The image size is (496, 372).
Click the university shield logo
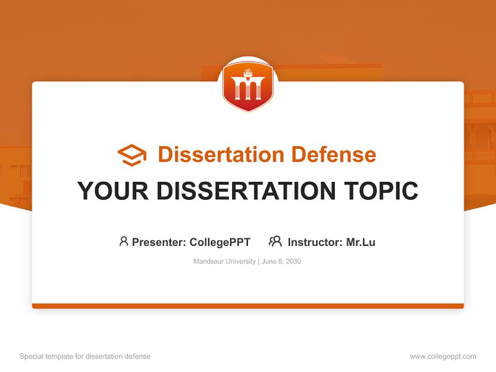point(247,87)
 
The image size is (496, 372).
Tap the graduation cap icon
point(132,155)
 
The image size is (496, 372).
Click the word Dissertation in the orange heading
point(221,154)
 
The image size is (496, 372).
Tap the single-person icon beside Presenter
point(123,241)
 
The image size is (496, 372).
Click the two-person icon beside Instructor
point(275,241)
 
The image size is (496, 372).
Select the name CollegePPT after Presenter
point(220,242)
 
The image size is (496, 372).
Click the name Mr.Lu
point(361,242)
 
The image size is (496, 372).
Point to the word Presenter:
point(159,242)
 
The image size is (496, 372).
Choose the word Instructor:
point(315,242)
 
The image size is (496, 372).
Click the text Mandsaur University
point(224,261)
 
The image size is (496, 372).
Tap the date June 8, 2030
point(281,261)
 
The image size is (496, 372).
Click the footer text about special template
point(85,357)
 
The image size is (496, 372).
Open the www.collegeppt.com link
point(443,357)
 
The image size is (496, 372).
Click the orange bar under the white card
point(248,306)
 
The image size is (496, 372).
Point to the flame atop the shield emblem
point(248,72)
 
